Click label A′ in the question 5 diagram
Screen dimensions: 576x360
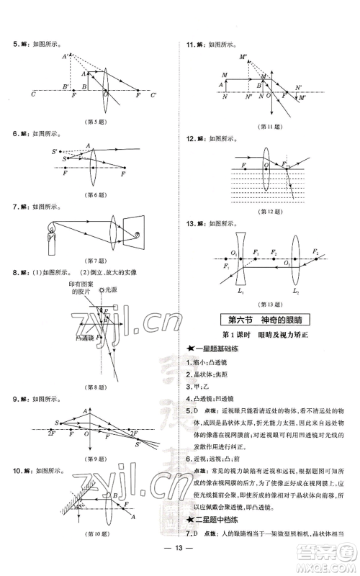[x=66, y=57]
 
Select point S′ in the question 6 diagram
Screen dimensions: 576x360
[x=55, y=151]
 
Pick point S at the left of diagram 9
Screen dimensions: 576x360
[x=57, y=423]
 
